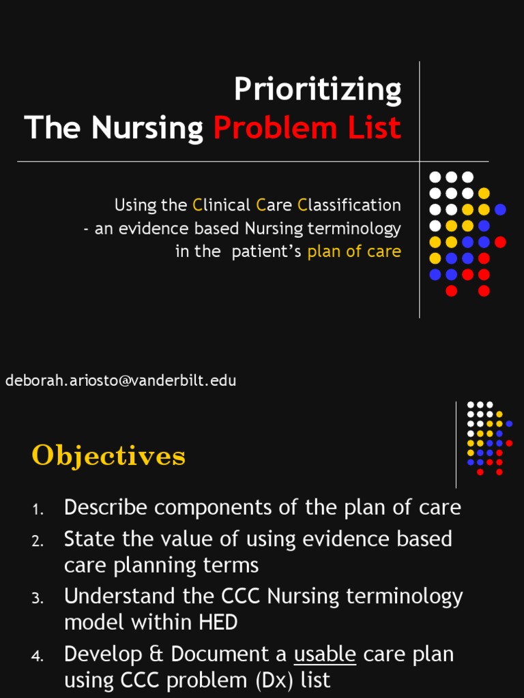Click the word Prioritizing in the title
pos(317,89)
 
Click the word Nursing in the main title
pos(147,127)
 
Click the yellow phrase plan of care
pos(354,251)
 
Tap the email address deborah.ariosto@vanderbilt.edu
pos(121,380)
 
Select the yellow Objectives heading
pos(108,455)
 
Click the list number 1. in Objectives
pos(38,509)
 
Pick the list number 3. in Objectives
pos(38,598)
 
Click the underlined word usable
pos(325,654)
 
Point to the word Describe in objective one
pos(104,508)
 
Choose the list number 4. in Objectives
pos(38,656)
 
